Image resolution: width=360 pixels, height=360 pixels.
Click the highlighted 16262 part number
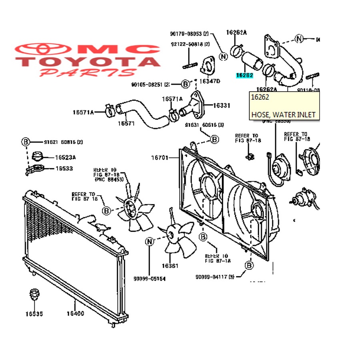pos(244,75)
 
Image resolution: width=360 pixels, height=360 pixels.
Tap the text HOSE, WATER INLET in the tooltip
pos(283,115)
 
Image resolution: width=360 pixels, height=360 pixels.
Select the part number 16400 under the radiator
pos(75,313)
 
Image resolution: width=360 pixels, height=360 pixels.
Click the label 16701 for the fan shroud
pos(160,158)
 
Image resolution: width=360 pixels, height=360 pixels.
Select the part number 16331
pos(221,106)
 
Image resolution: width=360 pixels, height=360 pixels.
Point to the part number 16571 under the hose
pos(126,123)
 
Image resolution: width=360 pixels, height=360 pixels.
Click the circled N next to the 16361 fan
pos(150,241)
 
